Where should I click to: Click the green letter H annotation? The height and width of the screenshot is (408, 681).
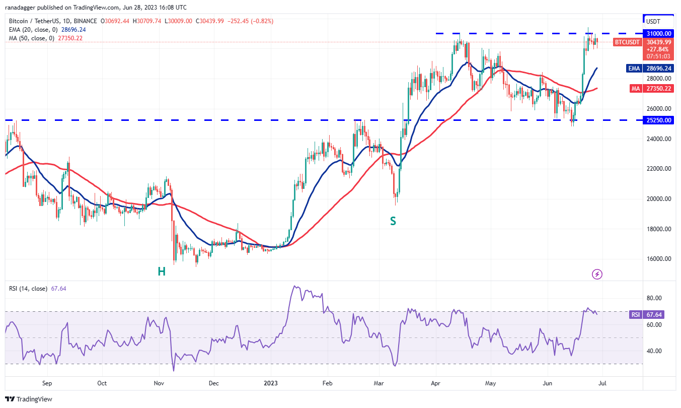[162, 271]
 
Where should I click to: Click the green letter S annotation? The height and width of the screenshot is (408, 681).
[393, 221]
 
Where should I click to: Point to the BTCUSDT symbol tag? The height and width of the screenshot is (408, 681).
[627, 42]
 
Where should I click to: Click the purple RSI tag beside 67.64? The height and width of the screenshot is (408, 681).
[636, 315]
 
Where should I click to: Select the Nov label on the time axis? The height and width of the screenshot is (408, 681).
[159, 383]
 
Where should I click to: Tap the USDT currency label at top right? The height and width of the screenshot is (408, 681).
[653, 22]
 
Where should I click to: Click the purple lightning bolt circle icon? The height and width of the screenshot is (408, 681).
[597, 275]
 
